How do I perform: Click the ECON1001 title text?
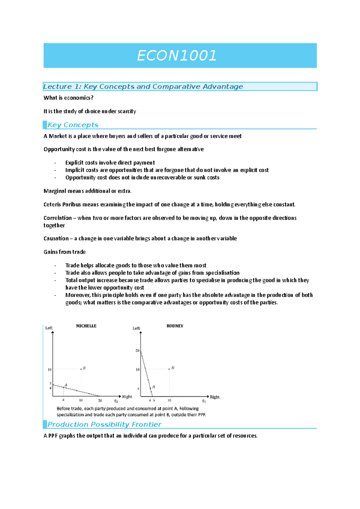point(176,56)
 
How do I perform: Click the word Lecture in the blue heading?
point(57,87)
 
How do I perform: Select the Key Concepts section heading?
point(73,125)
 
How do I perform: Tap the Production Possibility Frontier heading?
point(104,424)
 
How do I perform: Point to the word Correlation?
point(58,218)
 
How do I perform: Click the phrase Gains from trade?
point(64,252)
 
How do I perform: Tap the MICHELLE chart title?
point(86,326)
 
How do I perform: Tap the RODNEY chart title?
point(175,326)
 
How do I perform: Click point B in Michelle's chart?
point(81,369)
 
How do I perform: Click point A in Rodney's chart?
point(151,388)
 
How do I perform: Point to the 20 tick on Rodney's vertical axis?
point(137,350)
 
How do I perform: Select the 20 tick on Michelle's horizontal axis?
point(100,400)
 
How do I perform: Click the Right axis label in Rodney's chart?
point(214,397)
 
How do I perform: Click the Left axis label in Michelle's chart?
point(49,328)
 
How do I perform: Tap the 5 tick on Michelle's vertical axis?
point(50,384)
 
